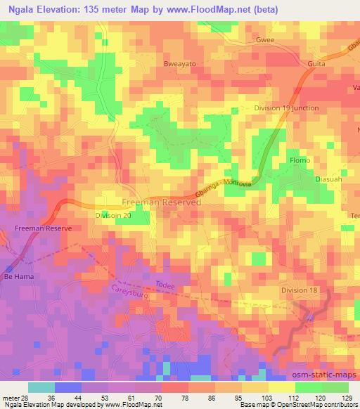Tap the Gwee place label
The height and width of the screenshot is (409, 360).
tap(265, 41)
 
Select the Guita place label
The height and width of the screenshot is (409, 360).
tap(317, 63)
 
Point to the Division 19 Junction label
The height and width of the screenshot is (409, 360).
tap(285, 108)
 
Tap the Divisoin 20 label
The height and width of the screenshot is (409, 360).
tap(112, 216)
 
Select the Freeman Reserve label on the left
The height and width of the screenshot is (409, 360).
tap(40, 229)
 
